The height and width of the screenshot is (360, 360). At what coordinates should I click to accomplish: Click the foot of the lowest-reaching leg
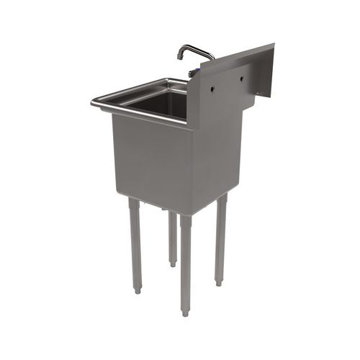[x=186, y=312]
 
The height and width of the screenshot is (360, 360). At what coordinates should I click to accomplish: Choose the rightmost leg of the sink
[x=220, y=238]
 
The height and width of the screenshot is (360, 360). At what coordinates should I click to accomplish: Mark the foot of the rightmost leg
[x=218, y=282]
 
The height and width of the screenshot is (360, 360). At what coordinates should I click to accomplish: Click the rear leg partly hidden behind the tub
[x=173, y=238]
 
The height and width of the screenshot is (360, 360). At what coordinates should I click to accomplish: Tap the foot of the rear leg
[x=173, y=264]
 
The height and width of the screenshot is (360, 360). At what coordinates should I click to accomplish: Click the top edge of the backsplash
[x=238, y=53]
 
